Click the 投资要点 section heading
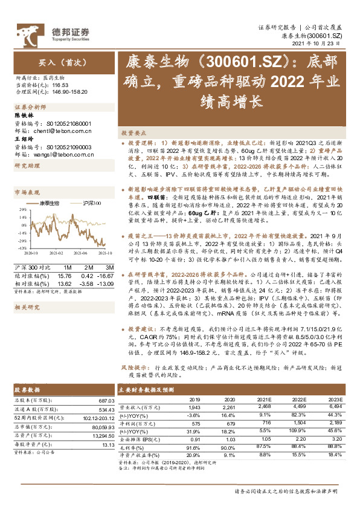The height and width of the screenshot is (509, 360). click(x=132, y=131)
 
